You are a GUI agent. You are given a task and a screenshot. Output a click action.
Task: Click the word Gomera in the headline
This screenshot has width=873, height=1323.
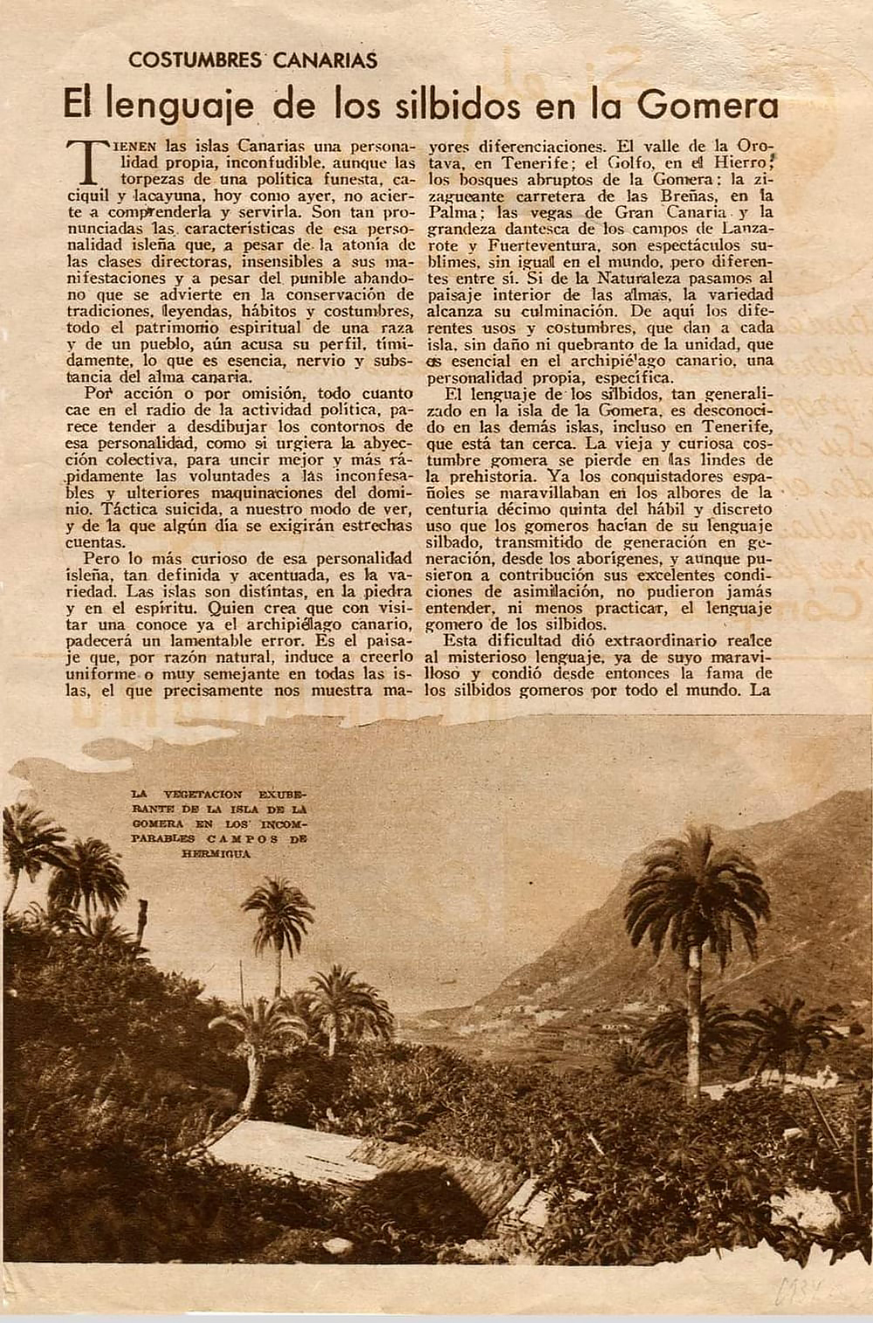pyautogui.click(x=707, y=105)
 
